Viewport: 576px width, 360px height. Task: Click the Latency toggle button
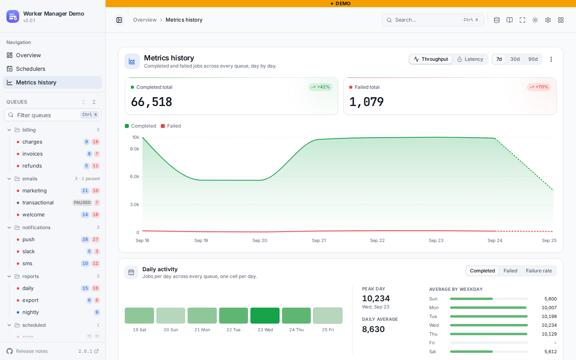pyautogui.click(x=470, y=59)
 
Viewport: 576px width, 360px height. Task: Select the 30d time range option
pyautogui.click(x=515, y=59)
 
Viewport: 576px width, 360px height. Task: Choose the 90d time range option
pyautogui.click(x=533, y=59)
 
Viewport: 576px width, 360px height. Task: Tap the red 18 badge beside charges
pyautogui.click(x=95, y=142)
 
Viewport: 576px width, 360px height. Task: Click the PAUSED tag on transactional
pyautogui.click(x=82, y=203)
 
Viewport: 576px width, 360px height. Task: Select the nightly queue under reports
pyautogui.click(x=30, y=312)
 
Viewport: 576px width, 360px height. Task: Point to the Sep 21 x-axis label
pyautogui.click(x=319, y=240)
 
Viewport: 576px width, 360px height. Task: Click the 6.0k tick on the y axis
pyautogui.click(x=134, y=176)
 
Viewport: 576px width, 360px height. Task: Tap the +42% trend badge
pyautogui.click(x=320, y=87)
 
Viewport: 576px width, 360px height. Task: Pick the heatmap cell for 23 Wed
pyautogui.click(x=265, y=316)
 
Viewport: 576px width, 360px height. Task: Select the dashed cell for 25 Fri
pyautogui.click(x=328, y=316)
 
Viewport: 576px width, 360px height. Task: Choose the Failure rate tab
pyautogui.click(x=539, y=271)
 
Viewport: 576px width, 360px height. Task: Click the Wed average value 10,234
pyautogui.click(x=549, y=325)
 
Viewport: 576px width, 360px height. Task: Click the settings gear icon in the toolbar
pyautogui.click(x=548, y=20)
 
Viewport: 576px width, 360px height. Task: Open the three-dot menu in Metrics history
pyautogui.click(x=551, y=59)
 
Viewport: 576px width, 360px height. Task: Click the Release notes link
pyautogui.click(x=32, y=351)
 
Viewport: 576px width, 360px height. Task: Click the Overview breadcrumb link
pyautogui.click(x=145, y=20)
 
